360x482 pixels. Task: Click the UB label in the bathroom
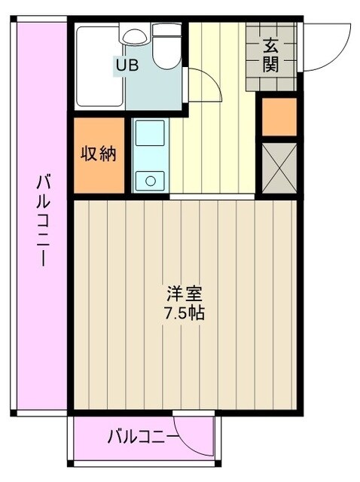pos(127,65)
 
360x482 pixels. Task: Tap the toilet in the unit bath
pos(166,45)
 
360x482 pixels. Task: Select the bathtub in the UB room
pos(98,64)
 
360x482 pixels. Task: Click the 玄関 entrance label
pos(271,55)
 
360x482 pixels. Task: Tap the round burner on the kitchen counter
pos(150,179)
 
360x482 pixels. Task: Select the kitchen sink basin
pos(149,136)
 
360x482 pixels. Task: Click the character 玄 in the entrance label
pos(271,45)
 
